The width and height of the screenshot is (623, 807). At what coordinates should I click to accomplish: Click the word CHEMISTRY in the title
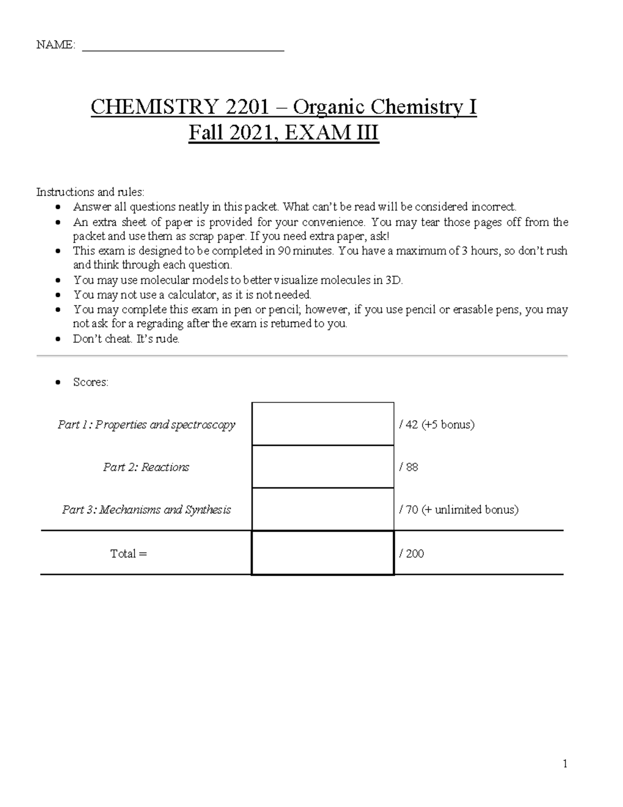pyautogui.click(x=154, y=107)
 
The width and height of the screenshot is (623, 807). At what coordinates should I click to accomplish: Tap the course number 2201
pyautogui.click(x=246, y=107)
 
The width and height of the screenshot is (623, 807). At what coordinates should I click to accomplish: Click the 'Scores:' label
pyautogui.click(x=91, y=382)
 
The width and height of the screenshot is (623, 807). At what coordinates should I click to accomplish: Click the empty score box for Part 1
pyautogui.click(x=322, y=424)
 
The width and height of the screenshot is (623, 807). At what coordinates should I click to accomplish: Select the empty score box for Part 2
pyautogui.click(x=322, y=467)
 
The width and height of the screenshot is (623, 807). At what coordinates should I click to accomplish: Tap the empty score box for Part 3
pyautogui.click(x=322, y=509)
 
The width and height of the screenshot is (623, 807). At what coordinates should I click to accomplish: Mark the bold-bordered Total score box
pyautogui.click(x=322, y=553)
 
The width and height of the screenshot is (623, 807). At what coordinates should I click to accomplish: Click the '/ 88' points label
pyautogui.click(x=409, y=467)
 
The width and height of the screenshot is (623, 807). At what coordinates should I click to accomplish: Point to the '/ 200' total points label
pyautogui.click(x=411, y=553)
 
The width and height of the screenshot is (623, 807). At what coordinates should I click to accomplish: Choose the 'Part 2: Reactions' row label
pyautogui.click(x=146, y=467)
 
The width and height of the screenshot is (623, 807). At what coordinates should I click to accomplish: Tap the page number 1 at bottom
pyautogui.click(x=565, y=763)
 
